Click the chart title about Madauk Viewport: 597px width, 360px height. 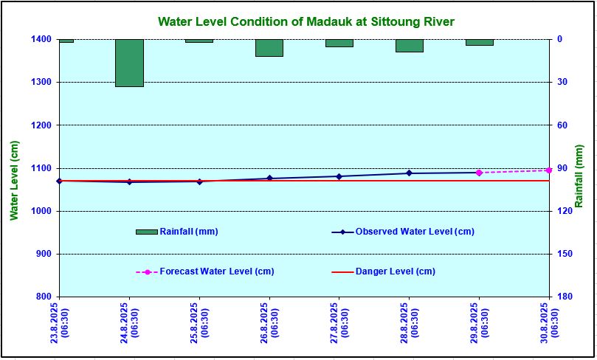click(306, 21)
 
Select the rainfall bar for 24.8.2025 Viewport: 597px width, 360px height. click(129, 63)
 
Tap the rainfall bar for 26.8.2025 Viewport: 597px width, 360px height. click(269, 48)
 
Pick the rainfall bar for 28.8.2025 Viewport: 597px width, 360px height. click(409, 46)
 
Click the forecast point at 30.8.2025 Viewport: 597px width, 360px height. click(548, 170)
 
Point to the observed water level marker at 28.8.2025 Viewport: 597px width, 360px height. click(409, 173)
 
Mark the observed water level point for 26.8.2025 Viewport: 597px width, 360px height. click(269, 179)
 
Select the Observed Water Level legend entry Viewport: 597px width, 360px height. click(414, 232)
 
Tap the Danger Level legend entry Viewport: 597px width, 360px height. click(395, 271)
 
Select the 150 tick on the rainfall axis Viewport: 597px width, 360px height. click(565, 255)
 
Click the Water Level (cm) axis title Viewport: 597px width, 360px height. click(14, 180)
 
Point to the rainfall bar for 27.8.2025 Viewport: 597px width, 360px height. click(339, 43)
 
